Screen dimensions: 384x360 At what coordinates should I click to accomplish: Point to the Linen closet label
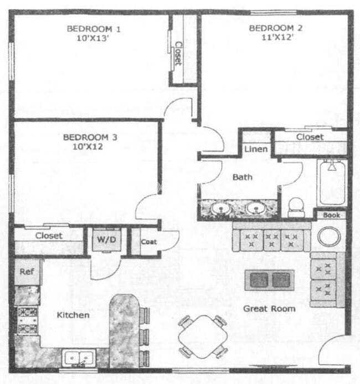256,149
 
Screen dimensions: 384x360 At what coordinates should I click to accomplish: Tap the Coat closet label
148,242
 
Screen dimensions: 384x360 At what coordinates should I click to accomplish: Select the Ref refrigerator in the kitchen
27,272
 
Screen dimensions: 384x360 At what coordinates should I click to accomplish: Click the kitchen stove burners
27,320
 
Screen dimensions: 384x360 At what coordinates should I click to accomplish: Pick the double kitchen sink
79,359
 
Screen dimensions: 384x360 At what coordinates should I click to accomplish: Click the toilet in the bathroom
297,207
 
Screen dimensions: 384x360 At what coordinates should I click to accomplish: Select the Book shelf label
331,215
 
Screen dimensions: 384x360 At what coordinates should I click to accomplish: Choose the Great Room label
269,308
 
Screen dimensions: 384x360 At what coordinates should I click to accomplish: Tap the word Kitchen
73,315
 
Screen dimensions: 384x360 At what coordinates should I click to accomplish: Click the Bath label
242,178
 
